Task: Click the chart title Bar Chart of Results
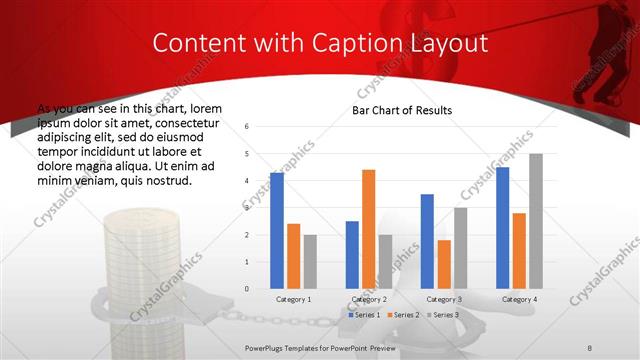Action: pyautogui.click(x=401, y=110)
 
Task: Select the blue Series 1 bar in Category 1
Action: pyautogui.click(x=277, y=230)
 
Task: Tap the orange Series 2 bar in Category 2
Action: pyautogui.click(x=368, y=229)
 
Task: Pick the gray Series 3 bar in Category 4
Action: pyautogui.click(x=536, y=221)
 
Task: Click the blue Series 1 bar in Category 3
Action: pyautogui.click(x=427, y=241)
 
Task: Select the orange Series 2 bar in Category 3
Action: pyautogui.click(x=444, y=264)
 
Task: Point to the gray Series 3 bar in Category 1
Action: pyautogui.click(x=310, y=261)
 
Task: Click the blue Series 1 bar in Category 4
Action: pyautogui.click(x=502, y=228)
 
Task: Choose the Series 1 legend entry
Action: pyautogui.click(x=364, y=315)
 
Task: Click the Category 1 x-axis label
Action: pyautogui.click(x=293, y=299)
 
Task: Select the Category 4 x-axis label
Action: pyautogui.click(x=519, y=299)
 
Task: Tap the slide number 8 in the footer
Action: pyautogui.click(x=590, y=346)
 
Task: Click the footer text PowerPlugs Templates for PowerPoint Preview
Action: pyautogui.click(x=320, y=346)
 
